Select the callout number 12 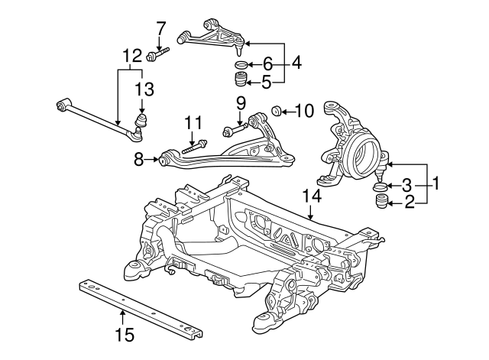[x=131, y=55]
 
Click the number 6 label [x=267, y=64]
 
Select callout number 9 [x=240, y=102]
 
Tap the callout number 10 [x=304, y=111]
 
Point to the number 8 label [x=139, y=160]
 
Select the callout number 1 [x=436, y=183]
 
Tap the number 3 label [x=407, y=185]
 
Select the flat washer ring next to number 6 [x=241, y=65]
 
